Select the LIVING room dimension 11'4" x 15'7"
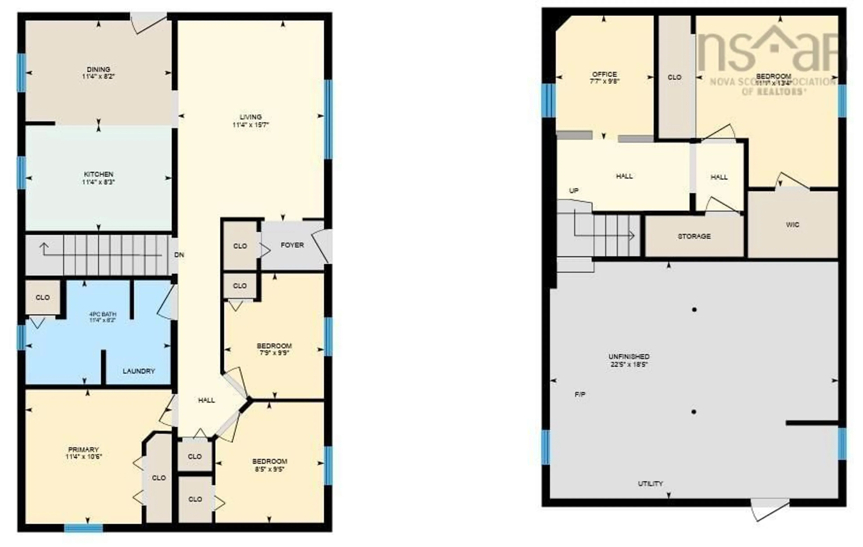coord(251,125)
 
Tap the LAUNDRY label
coord(139,371)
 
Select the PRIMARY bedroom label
coord(84,449)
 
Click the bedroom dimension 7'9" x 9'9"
coord(274,353)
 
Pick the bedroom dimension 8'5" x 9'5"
coord(269,469)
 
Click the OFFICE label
coord(605,74)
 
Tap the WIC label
coord(792,225)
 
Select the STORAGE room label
coord(694,236)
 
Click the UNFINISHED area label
coord(629,357)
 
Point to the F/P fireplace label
coord(580,394)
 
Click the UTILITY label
coord(650,484)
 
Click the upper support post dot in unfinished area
coord(694,309)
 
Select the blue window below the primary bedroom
coord(84,528)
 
